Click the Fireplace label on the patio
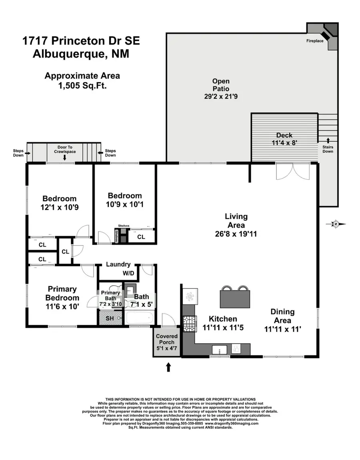coord(315,41)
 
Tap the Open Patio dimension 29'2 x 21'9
coord(221,96)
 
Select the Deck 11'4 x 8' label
coord(284,139)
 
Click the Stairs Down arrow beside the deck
coord(328,140)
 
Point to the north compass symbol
coord(335,224)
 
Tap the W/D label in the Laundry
coord(128,274)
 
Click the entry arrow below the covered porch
coord(168,367)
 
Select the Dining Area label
coord(282,316)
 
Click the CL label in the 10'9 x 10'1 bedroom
coord(141,237)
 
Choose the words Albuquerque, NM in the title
coord(81,54)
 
